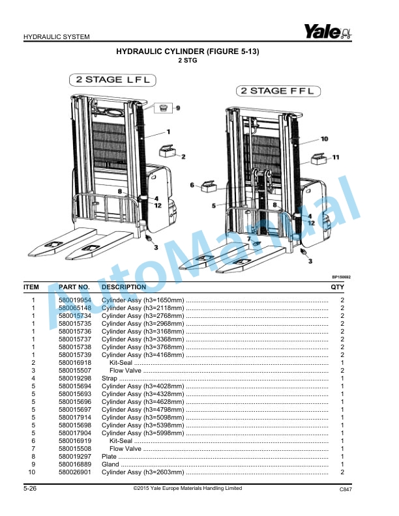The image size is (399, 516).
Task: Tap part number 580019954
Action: (x=75, y=300)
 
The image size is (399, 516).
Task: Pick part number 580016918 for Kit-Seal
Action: (x=75, y=362)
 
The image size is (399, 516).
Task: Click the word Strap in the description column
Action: (x=110, y=378)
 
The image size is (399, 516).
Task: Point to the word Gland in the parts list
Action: (x=110, y=464)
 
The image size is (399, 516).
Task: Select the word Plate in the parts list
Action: (x=109, y=456)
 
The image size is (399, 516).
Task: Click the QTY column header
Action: (x=337, y=287)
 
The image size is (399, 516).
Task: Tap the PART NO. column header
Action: (x=74, y=287)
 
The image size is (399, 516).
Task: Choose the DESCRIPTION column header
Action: (x=124, y=287)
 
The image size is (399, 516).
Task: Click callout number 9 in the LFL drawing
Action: (x=177, y=107)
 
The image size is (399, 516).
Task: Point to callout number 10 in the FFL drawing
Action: (x=324, y=139)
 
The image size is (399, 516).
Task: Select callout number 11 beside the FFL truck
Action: (x=336, y=157)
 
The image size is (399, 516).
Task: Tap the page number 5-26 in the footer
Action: (x=30, y=488)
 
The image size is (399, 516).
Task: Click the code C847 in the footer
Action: (x=346, y=489)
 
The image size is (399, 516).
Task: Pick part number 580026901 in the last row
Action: (x=75, y=472)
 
